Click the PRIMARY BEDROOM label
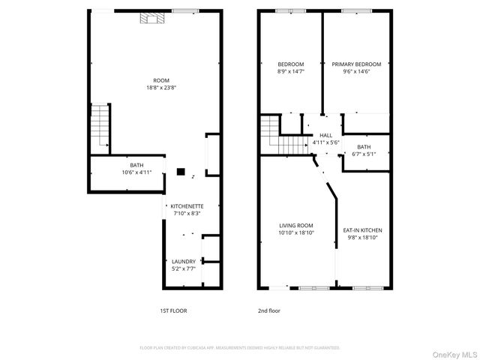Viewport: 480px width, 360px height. [x=356, y=64]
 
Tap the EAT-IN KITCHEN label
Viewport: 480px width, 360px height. [x=363, y=229]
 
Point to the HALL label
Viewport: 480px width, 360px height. [x=325, y=135]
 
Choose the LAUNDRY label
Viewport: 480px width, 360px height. [x=184, y=261]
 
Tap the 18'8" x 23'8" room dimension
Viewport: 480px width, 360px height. [x=160, y=88]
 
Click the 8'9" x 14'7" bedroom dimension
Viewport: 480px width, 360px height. [x=291, y=72]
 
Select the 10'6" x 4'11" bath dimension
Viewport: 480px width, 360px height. [x=136, y=172]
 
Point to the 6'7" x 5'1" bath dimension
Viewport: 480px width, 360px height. [x=364, y=154]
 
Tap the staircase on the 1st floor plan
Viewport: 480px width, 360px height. [x=100, y=125]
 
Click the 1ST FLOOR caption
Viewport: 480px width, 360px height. [x=173, y=310]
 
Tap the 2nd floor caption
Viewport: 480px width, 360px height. [x=268, y=310]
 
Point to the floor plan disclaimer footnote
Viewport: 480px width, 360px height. [x=240, y=348]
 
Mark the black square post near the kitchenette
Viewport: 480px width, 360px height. [x=181, y=171]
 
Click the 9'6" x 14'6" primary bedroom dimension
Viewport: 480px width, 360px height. [x=356, y=72]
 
